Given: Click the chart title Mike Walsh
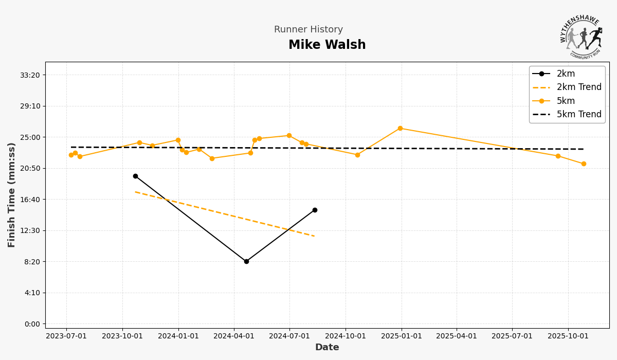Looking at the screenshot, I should click(x=327, y=45).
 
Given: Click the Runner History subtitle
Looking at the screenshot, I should click(x=308, y=30).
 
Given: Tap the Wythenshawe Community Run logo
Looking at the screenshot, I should click(x=582, y=37).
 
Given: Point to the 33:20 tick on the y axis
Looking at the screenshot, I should click(x=29, y=75).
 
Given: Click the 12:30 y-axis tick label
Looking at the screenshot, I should click(x=29, y=230).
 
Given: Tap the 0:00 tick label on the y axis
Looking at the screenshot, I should click(x=32, y=324).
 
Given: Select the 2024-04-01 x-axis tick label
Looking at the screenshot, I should click(x=234, y=336).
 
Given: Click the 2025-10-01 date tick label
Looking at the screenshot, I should click(x=568, y=336).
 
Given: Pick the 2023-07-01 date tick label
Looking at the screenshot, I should click(x=66, y=336).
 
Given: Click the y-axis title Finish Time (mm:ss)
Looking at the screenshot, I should click(x=12, y=195).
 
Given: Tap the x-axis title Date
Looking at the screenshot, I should click(x=327, y=348).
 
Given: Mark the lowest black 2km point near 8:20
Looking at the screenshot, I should click(x=246, y=261).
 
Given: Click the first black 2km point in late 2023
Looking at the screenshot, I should click(x=135, y=176).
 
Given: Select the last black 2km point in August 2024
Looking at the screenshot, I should click(x=315, y=210).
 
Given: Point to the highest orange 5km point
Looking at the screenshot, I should click(x=400, y=128).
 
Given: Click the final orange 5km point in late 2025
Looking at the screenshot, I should click(x=584, y=164).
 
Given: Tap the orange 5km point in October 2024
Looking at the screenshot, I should click(x=357, y=155).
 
